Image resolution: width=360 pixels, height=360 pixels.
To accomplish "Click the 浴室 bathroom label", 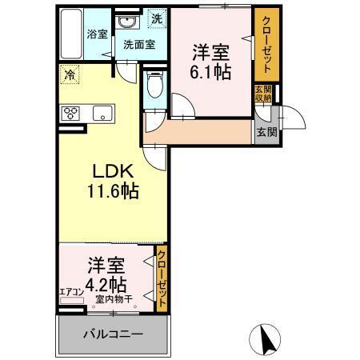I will point(95,35).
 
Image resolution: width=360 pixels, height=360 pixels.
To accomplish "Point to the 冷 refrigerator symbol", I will point(70,77).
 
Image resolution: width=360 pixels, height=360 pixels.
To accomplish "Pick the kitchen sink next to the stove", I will point(102,112).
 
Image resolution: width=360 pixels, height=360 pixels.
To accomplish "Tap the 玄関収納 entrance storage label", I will point(263,94).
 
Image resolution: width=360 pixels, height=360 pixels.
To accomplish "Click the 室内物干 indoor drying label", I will point(114,300).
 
